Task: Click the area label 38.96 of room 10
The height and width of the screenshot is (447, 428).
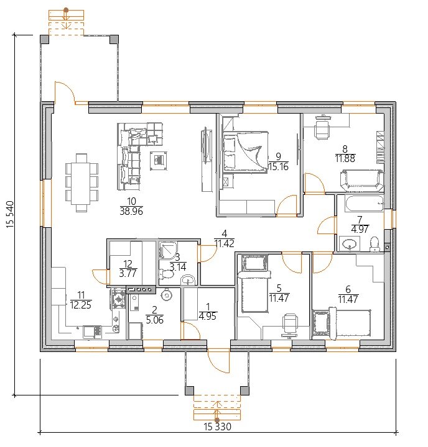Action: [131, 211]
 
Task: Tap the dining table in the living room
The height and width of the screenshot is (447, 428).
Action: [81, 183]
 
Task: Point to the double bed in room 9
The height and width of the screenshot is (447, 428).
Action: [246, 152]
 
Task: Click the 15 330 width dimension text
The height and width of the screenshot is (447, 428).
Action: [217, 427]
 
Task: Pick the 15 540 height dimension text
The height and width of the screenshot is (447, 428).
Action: [11, 214]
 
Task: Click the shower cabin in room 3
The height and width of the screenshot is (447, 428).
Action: [169, 250]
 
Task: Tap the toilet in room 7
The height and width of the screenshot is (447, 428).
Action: [374, 244]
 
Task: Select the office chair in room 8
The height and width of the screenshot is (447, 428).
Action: [322, 127]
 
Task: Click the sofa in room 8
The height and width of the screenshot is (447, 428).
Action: [361, 181]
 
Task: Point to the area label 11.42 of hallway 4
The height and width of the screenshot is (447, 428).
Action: [225, 243]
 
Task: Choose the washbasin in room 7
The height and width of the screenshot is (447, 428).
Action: [349, 244]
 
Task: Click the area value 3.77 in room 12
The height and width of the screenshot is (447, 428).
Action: [128, 273]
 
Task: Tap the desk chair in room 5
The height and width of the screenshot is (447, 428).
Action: [290, 325]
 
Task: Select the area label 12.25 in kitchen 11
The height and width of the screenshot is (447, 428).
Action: [81, 305]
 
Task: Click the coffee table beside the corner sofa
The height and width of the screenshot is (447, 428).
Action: [159, 161]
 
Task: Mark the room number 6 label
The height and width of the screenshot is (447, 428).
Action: [348, 289]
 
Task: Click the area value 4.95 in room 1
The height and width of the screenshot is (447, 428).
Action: [208, 316]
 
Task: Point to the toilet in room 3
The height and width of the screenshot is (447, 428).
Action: [166, 274]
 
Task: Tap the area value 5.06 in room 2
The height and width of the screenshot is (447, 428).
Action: [154, 320]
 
